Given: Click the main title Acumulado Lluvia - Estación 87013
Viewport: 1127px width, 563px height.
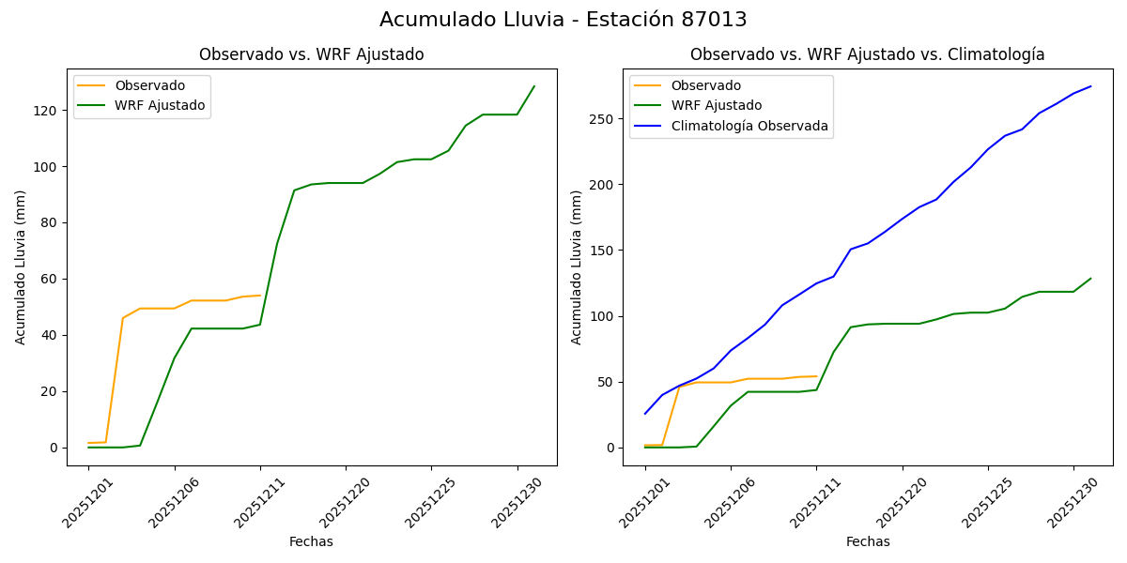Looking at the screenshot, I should tap(563, 20).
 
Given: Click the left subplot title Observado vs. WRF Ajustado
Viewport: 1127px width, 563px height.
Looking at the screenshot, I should tap(311, 54).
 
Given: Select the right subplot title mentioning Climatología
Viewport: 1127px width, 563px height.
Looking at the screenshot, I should tap(867, 54).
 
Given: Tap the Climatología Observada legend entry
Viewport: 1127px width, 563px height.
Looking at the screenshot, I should tap(749, 126).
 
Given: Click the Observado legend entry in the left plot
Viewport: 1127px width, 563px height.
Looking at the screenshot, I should tap(149, 85).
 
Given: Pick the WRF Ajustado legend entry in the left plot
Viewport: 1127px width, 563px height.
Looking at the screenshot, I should tap(160, 105).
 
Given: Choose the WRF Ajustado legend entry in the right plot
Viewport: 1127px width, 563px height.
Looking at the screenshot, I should tap(716, 105).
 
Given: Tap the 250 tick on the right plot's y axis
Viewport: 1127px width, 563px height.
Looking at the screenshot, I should tap(601, 119).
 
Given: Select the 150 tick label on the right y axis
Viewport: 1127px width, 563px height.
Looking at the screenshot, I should tap(601, 251).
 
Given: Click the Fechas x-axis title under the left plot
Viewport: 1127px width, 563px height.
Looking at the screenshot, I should tap(311, 541).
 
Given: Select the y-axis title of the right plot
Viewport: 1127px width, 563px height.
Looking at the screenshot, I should tap(577, 267).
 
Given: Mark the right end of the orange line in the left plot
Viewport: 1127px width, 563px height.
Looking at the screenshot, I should tap(260, 296).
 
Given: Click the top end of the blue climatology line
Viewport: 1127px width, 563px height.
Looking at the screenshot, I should tap(1090, 86).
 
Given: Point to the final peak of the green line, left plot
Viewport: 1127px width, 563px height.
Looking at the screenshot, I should tap(534, 86).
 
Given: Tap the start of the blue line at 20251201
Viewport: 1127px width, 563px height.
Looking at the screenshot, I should tap(645, 413).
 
